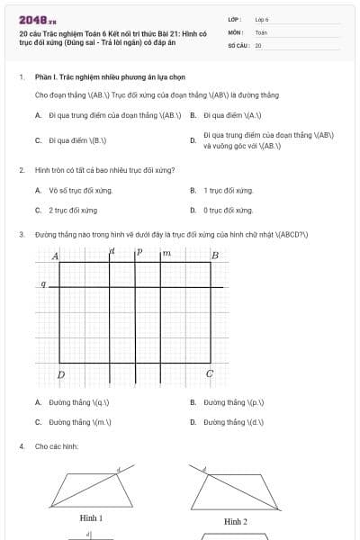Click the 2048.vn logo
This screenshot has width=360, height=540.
37,19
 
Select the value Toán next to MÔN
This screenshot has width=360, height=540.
261,31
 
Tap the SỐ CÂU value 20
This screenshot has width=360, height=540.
258,44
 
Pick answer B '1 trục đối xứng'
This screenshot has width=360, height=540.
229,190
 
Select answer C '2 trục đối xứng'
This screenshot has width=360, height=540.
73,210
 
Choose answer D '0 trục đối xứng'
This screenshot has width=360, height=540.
229,210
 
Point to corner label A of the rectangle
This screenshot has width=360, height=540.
55,256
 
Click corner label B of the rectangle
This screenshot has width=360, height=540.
214,256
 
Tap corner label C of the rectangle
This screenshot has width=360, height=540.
210,373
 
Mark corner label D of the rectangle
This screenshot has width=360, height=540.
61,373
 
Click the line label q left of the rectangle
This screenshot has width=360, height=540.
42,284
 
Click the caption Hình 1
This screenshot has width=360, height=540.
91,518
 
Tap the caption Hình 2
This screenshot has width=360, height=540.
236,521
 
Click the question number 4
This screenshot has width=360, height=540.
21,445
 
